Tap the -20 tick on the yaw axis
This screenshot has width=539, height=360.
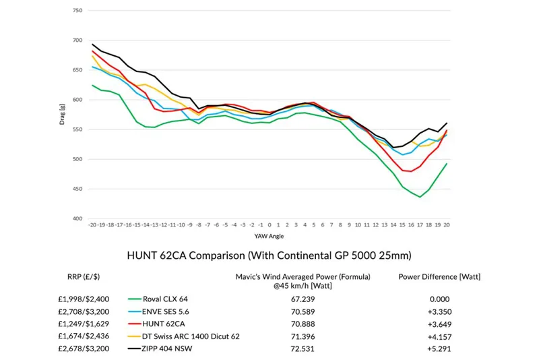[x=92, y=224]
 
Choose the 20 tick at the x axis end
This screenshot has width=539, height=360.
[x=447, y=224]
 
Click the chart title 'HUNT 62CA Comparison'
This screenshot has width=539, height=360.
[x=269, y=256]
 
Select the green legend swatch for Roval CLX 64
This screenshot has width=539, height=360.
[x=140, y=298]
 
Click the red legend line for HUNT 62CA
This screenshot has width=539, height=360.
[x=140, y=324]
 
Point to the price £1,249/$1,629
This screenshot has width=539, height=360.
[x=84, y=324]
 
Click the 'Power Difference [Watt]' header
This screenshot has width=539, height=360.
[x=439, y=276]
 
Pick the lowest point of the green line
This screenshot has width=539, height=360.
[x=420, y=197]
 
